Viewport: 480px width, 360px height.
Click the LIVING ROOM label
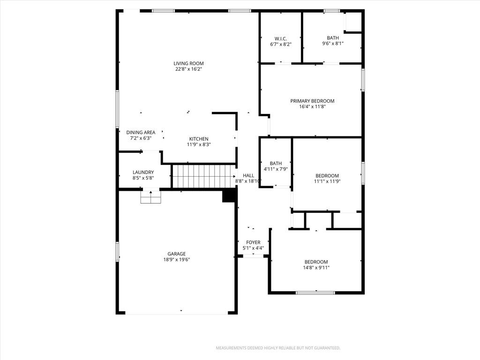188,63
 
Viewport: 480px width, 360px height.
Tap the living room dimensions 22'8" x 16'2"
188,69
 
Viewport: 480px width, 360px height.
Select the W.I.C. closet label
281,38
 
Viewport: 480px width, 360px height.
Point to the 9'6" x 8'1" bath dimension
333,44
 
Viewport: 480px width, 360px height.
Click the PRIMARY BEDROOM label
312,101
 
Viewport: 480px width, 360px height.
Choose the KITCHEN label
199,139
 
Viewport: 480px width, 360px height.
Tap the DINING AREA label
141,132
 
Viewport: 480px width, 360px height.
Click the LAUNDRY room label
143,172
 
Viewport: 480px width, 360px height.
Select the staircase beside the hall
204,176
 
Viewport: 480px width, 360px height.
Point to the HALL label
248,175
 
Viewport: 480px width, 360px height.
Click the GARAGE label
177,254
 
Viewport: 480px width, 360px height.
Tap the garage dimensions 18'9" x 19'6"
177,260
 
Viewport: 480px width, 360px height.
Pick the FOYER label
253,242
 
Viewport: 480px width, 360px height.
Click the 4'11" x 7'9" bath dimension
276,169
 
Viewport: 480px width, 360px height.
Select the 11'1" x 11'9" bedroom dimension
327,181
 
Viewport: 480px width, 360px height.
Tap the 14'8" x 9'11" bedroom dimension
316,268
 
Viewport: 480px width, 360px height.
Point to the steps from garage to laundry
150,197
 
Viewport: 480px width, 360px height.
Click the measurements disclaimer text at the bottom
278,348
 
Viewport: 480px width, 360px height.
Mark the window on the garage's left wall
117,252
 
